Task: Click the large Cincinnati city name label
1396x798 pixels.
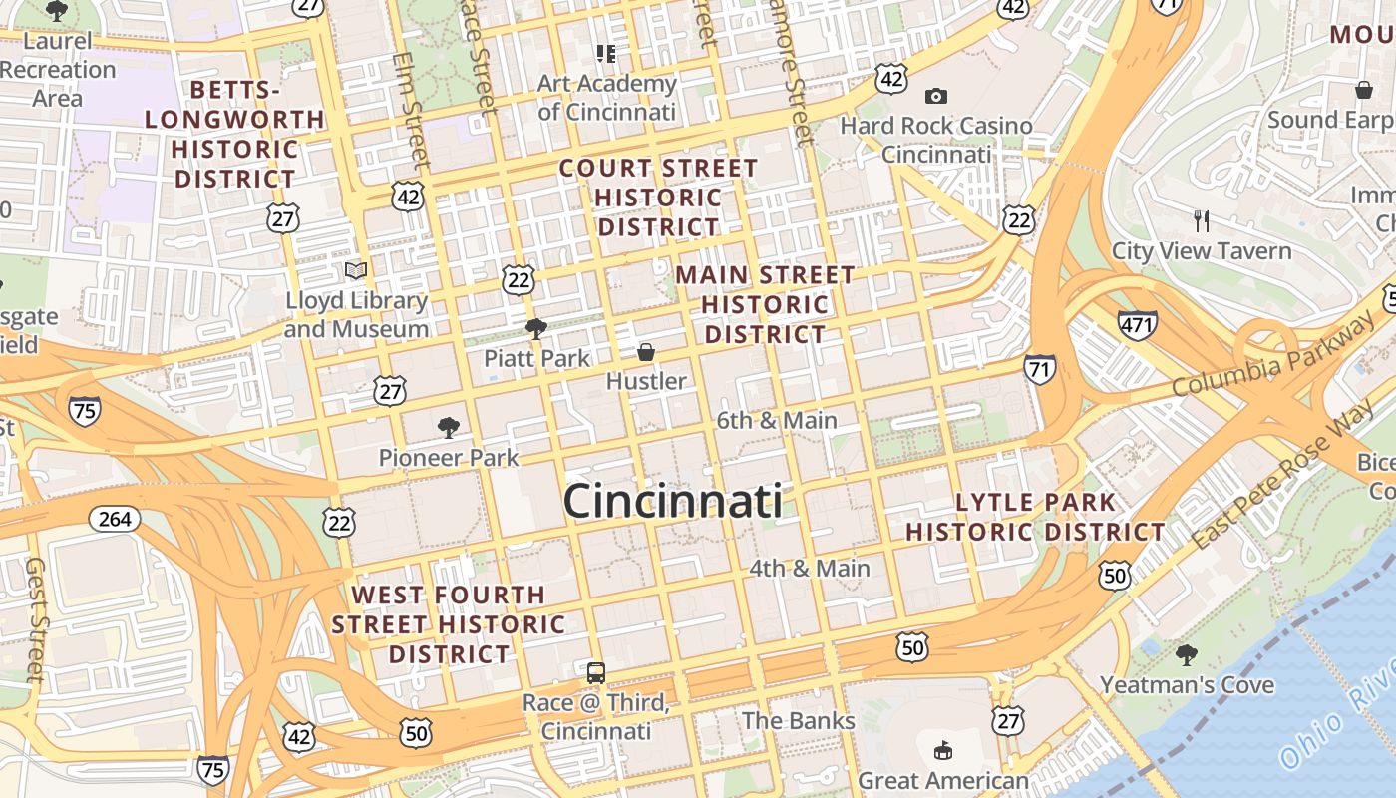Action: click(x=673, y=501)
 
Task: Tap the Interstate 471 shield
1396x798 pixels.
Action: click(x=1137, y=324)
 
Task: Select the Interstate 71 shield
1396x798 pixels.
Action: click(x=1040, y=368)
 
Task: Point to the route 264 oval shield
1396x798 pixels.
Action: click(x=115, y=519)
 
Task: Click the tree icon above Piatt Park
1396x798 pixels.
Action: click(x=536, y=328)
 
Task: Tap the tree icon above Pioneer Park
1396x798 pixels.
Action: click(x=449, y=428)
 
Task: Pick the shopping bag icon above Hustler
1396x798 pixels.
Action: click(x=646, y=352)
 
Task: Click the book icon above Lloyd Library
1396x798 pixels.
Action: click(x=356, y=270)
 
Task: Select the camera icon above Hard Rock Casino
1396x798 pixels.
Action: click(x=935, y=96)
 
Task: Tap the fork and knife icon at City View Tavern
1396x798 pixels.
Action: click(x=1202, y=220)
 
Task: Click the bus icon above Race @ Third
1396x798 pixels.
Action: click(x=596, y=673)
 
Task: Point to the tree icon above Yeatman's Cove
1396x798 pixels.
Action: click(x=1186, y=655)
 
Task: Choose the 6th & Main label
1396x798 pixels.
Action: click(x=777, y=420)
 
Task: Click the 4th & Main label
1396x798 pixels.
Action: click(x=809, y=568)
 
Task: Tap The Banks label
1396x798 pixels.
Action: click(x=798, y=720)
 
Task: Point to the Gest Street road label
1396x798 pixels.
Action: click(x=36, y=618)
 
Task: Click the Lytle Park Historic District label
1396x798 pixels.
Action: click(x=1035, y=517)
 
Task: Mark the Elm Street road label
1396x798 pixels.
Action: click(x=413, y=110)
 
